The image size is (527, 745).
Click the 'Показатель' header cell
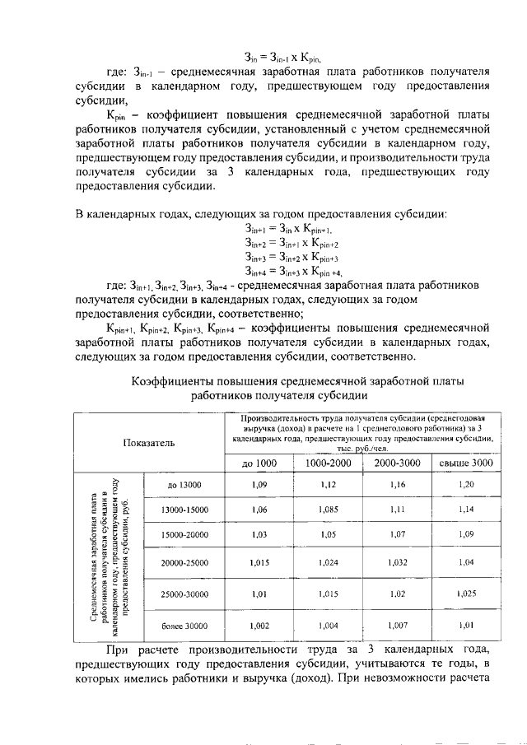(x=149, y=443)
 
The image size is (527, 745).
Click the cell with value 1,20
(x=465, y=485)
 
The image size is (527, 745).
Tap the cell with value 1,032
(x=397, y=562)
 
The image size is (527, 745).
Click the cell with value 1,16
(x=397, y=485)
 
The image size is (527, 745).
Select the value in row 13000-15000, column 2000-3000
(x=397, y=510)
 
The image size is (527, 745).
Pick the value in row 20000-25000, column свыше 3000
(x=465, y=562)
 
